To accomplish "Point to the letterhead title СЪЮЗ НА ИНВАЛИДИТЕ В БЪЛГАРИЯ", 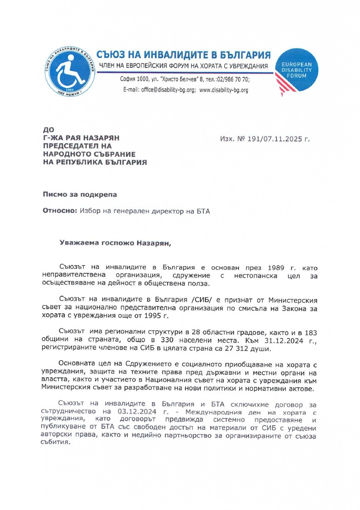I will coord(184,55).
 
